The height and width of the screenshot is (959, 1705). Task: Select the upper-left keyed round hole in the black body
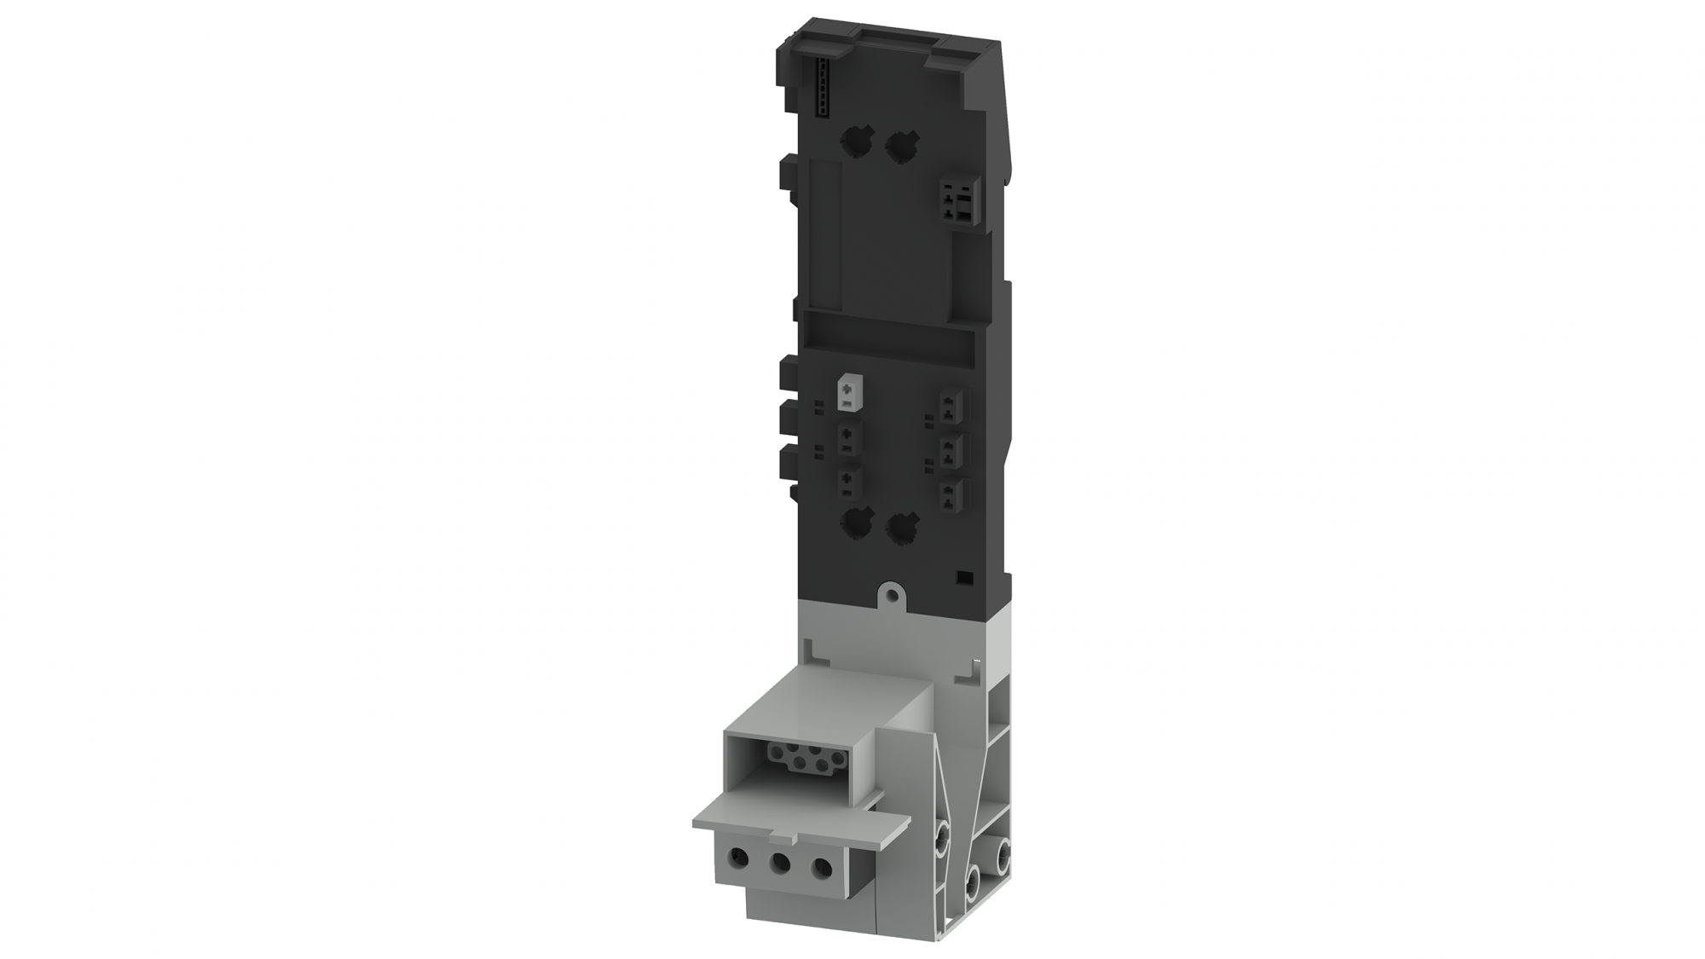coord(854,141)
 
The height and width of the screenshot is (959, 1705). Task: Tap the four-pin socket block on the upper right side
coord(957,201)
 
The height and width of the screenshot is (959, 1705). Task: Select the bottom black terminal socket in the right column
coord(951,494)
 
